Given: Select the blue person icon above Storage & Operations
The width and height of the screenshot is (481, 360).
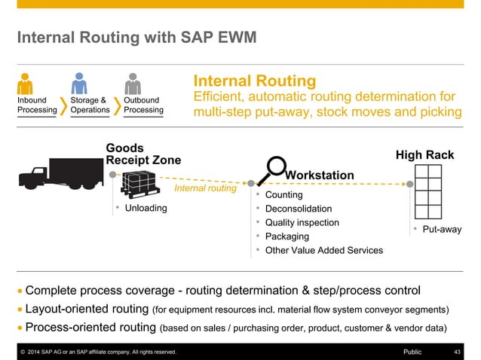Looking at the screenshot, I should (80, 83).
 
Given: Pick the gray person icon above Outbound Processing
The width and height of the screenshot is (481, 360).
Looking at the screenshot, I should (133, 83).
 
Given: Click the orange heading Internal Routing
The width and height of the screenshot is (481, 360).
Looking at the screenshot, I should (255, 81).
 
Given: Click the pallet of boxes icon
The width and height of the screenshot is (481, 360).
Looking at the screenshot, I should (142, 185).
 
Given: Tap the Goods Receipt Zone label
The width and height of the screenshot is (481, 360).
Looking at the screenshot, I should (143, 154).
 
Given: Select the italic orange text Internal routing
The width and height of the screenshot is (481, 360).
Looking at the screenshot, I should (205, 188).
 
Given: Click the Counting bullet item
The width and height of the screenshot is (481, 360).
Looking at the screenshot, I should (284, 195).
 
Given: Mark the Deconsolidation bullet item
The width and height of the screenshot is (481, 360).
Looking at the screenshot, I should (299, 209).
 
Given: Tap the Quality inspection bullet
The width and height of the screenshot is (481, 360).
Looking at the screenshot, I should (302, 223).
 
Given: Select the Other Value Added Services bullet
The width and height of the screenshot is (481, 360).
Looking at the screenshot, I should (324, 250).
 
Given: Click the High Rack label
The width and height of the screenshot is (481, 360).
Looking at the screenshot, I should (424, 155).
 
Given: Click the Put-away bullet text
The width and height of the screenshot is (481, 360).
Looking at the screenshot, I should (441, 229).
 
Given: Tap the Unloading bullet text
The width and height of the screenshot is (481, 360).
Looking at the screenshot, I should (146, 208).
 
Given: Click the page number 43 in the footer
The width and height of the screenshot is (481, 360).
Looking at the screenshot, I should (457, 352).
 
